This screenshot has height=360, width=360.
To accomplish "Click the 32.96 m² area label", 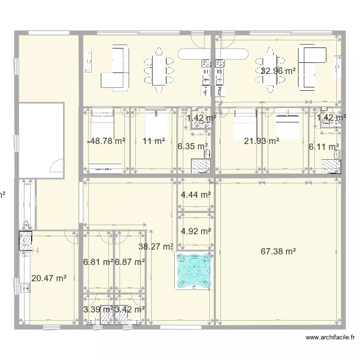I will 278,71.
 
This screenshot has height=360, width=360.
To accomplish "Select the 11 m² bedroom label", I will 154,141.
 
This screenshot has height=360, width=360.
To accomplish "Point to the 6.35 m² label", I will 192,146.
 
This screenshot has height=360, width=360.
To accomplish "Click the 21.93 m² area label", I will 262,141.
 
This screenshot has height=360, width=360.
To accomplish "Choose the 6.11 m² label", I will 324,147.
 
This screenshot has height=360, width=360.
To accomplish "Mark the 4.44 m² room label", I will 196,194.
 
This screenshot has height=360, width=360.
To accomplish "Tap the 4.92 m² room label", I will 196,231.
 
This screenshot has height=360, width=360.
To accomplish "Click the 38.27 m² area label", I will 156,247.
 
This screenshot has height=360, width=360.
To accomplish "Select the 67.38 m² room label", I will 278,251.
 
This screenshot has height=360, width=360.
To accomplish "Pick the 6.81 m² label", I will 98,262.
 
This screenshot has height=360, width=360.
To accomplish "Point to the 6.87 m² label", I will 130,262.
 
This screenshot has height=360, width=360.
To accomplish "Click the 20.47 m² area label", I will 48,277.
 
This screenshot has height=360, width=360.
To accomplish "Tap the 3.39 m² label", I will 98,309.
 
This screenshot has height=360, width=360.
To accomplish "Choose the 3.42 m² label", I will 130,309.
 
